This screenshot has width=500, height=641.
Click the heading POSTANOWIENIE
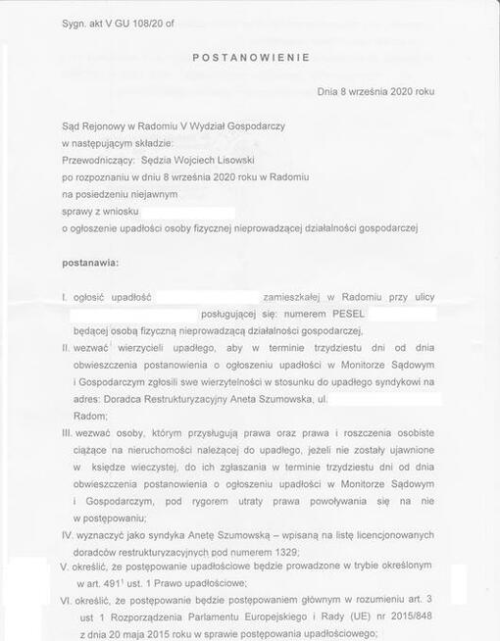tap(251, 58)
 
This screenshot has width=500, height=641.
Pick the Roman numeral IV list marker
tap(69, 536)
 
